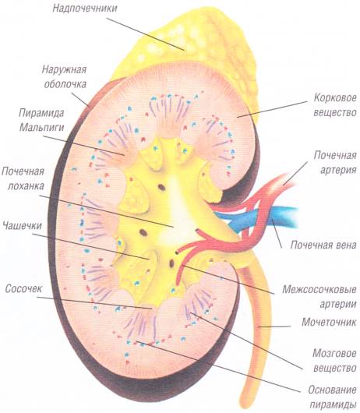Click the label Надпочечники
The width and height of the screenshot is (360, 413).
(x=85, y=8)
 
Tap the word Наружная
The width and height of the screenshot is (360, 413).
(x=64, y=70)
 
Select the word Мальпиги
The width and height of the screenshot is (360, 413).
(x=41, y=127)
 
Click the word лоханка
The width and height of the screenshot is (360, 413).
(x=26, y=186)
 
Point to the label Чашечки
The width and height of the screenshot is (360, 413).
(x=22, y=225)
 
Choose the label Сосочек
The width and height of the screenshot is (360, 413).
(x=23, y=288)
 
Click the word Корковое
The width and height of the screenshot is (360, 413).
(x=335, y=98)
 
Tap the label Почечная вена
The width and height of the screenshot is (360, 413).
(x=323, y=245)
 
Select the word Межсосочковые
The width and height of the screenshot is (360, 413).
(x=319, y=289)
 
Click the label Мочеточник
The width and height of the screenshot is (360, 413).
(x=329, y=322)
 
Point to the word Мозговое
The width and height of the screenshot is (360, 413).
(x=334, y=353)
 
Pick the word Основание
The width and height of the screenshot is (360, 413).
(x=333, y=390)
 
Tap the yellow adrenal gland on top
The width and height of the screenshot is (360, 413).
(x=189, y=44)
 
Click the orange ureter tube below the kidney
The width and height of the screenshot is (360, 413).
(x=257, y=330)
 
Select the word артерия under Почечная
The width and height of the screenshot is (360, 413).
(x=338, y=170)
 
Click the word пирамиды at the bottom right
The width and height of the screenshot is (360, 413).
(x=333, y=404)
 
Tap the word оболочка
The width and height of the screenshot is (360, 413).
(x=65, y=84)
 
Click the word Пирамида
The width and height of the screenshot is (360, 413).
(x=41, y=113)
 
